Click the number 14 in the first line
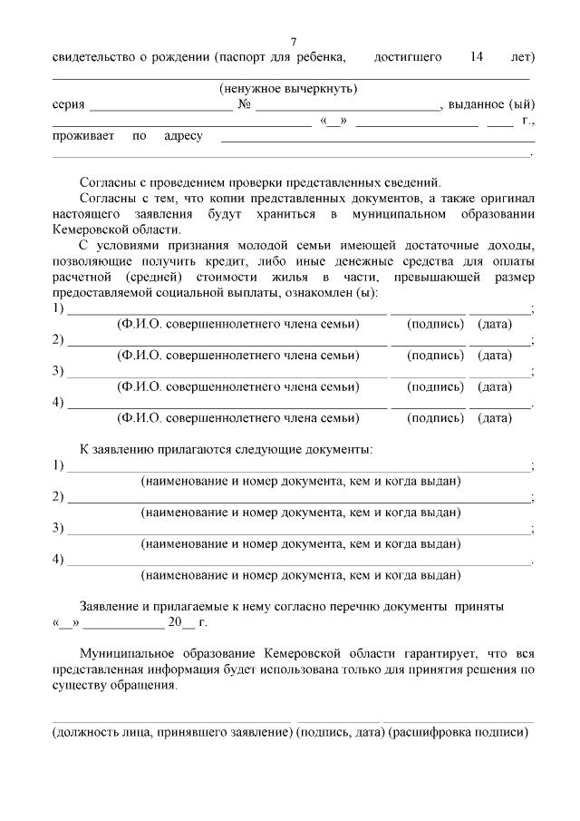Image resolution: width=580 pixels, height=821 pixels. (477, 57)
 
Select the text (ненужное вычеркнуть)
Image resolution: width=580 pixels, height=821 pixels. (288, 89)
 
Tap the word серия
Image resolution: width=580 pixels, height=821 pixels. (69, 105)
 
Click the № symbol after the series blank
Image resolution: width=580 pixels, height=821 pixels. (244, 105)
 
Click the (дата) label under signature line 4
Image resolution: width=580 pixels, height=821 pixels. (495, 418)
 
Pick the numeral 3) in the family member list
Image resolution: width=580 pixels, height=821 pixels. (58, 371)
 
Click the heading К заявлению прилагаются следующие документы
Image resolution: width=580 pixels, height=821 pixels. (226, 449)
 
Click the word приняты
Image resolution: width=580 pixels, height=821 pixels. (479, 605)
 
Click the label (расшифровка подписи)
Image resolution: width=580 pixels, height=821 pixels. (458, 731)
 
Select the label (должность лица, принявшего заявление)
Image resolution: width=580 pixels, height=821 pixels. (171, 731)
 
